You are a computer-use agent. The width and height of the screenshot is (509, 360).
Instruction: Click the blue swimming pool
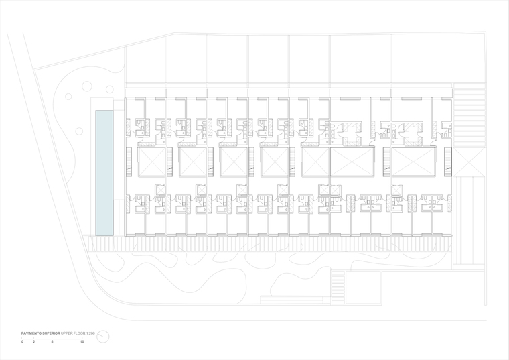point(104,173)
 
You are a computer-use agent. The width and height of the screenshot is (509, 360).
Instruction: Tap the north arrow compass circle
point(103,337)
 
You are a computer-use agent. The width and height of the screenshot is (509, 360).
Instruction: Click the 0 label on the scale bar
point(22,342)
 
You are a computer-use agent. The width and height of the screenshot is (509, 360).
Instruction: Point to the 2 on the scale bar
point(33,342)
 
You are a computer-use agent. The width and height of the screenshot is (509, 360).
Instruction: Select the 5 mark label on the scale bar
point(52,342)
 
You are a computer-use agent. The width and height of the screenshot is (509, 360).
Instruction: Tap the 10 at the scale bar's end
point(82,342)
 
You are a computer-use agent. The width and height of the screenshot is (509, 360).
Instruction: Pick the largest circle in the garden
point(86,86)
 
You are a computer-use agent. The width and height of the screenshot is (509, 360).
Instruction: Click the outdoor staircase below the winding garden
point(338,288)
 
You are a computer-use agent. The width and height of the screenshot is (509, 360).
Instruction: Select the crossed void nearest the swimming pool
point(152,162)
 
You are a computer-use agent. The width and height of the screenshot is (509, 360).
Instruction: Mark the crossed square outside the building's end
point(467,162)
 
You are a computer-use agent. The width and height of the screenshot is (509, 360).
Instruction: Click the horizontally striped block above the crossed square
point(469,115)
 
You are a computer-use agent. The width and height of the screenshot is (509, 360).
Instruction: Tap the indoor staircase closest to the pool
point(129,162)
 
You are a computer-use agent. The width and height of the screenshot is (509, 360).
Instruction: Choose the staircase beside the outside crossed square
point(448,162)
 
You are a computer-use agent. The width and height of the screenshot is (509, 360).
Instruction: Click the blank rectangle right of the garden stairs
point(364,288)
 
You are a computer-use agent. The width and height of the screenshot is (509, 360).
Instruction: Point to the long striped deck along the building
point(271,244)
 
